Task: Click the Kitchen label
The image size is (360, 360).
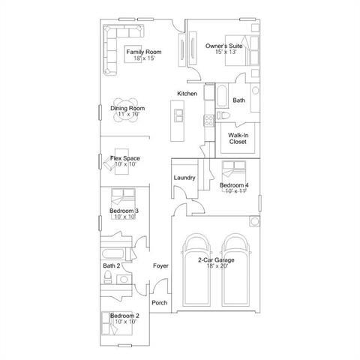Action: pos(187,93)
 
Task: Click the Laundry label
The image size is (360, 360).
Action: pos(184,178)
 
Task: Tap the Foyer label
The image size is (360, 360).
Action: pos(160,266)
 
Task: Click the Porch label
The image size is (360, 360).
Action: pos(159,302)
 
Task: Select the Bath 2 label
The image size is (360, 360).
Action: pos(111,265)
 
